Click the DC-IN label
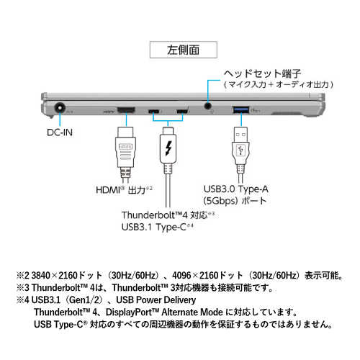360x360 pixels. (x=59, y=132)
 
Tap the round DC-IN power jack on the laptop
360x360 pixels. (x=60, y=109)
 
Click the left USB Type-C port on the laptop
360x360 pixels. (x=153, y=112)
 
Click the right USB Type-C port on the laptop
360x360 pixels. (x=181, y=112)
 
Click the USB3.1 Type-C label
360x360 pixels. (x=155, y=228)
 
